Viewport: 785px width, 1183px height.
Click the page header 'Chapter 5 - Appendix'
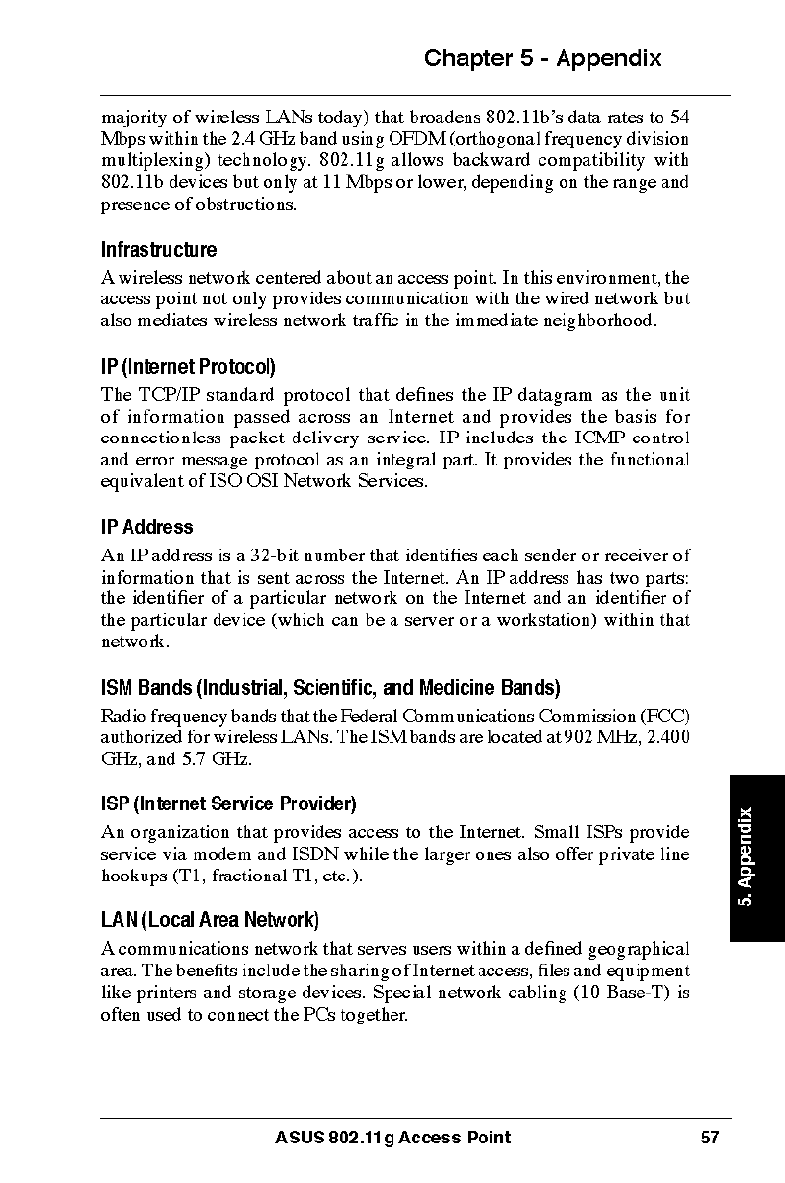coord(543,58)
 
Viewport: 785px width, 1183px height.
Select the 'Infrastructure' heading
coord(158,250)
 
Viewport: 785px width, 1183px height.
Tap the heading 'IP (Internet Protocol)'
coord(188,368)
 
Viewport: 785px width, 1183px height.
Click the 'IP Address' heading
coord(147,527)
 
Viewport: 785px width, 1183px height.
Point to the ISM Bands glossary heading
coord(330,687)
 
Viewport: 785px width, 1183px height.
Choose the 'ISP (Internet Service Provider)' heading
coord(228,803)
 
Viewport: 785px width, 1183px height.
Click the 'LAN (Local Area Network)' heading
coord(210,921)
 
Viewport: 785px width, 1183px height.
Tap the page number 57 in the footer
coord(709,1138)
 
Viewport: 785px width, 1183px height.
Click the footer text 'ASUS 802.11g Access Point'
coord(392,1138)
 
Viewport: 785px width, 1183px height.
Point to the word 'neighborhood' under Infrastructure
coord(600,321)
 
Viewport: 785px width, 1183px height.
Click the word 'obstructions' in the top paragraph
coord(247,205)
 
